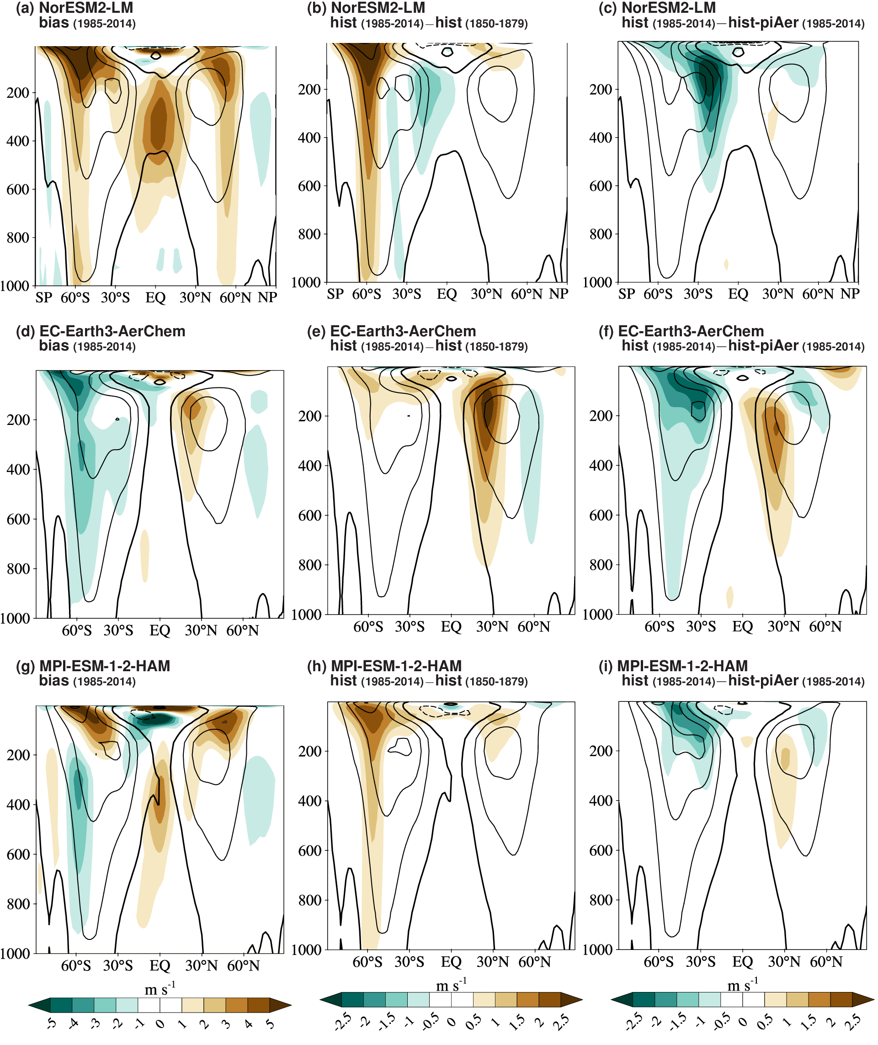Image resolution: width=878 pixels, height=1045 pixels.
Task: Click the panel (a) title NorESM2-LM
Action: [x=85, y=8]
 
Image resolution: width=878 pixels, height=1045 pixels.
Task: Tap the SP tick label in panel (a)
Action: [x=44, y=297]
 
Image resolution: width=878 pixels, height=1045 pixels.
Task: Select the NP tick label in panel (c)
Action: [x=850, y=294]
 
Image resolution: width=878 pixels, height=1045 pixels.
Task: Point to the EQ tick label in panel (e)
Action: [x=451, y=626]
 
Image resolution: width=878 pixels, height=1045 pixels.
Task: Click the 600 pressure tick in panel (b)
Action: [x=309, y=186]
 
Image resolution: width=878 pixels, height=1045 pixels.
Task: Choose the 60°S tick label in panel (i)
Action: [x=659, y=962]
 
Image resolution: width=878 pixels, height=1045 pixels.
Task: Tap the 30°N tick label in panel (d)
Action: [x=201, y=631]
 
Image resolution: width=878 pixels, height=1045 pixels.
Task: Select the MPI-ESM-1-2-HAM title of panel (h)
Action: [x=396, y=666]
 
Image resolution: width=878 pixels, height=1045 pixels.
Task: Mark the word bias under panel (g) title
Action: [x=54, y=680]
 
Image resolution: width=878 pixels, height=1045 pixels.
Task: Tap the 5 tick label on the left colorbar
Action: [x=271, y=1024]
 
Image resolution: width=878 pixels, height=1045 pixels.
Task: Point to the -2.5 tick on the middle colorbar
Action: [x=342, y=1022]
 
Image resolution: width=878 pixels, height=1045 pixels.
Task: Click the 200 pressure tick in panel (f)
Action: [x=601, y=415]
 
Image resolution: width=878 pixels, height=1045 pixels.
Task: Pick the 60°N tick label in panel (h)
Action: [x=535, y=962]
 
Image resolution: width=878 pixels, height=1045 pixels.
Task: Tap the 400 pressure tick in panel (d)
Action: [x=18, y=469]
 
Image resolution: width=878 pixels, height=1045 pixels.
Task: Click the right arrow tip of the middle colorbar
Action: [x=582, y=999]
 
